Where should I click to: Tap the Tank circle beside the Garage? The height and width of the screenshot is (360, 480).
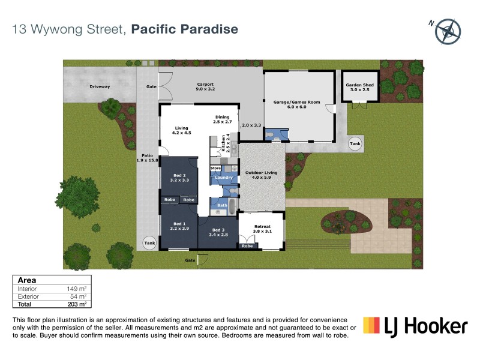coord(355,144)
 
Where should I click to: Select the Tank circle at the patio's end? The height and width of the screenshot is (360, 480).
coord(148,243)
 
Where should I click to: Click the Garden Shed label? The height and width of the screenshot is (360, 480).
coord(359,88)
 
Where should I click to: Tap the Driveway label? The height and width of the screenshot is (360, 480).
coord(100,87)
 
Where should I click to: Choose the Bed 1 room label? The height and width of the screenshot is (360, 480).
coord(179,226)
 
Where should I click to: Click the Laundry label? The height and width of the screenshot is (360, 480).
coord(223,178)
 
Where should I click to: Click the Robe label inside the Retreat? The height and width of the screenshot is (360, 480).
coord(247,246)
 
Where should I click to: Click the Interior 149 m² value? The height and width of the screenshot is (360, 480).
coord(79,289)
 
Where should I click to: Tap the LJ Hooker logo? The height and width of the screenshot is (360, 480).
coord(415,326)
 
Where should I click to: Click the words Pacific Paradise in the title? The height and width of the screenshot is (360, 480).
coord(184,29)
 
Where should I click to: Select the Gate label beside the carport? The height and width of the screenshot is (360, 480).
coord(151,87)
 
